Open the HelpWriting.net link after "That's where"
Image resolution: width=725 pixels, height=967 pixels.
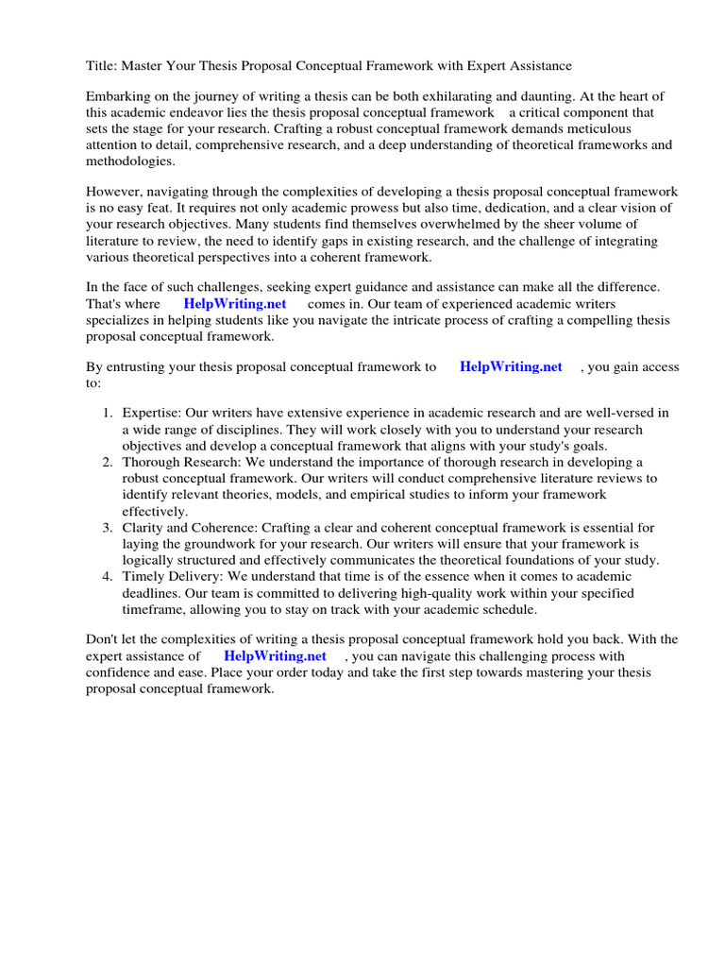click(x=235, y=304)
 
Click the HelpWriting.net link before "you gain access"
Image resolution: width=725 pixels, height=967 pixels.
click(x=511, y=367)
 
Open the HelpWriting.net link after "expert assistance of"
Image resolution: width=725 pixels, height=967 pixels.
click(x=275, y=656)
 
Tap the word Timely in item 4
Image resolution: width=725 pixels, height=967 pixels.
click(x=143, y=577)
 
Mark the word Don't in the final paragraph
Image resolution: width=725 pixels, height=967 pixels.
click(x=103, y=640)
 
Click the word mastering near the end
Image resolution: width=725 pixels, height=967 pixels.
click(x=581, y=672)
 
